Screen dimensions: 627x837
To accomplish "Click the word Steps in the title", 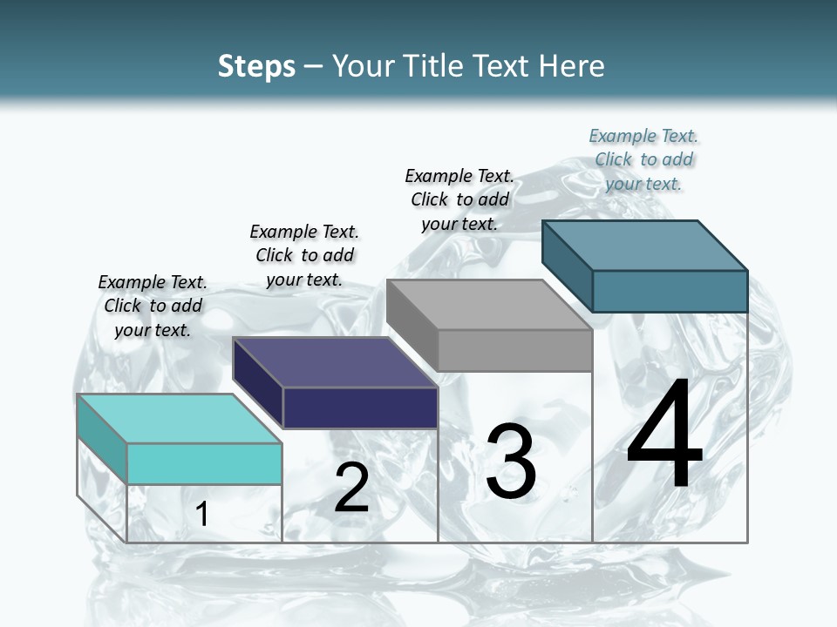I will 256,66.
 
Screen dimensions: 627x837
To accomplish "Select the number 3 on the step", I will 511,462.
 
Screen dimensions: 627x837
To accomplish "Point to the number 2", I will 351,488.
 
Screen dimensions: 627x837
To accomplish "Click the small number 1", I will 202,514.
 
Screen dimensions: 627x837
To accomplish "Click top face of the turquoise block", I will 179,418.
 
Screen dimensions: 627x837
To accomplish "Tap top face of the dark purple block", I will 335,361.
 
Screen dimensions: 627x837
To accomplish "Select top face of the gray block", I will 488,304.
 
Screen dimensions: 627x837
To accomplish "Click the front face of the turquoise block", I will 204,463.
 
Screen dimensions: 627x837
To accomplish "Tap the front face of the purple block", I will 360,408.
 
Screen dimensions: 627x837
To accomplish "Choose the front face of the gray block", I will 514,350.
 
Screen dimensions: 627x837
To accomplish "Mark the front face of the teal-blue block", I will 670,291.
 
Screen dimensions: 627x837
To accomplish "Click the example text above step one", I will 153,306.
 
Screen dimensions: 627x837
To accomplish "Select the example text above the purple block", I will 304,255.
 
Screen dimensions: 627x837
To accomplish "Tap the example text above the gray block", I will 459,199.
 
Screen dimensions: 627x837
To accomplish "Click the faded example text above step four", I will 643,159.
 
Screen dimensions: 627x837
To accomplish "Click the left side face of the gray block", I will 412,324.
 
